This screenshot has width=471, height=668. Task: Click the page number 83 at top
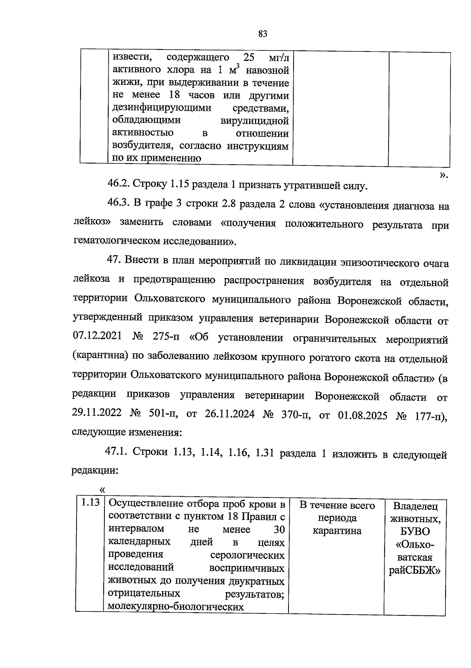(x=263, y=34)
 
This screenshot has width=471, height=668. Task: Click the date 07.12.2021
(x=97, y=337)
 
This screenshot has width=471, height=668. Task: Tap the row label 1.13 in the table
(x=90, y=503)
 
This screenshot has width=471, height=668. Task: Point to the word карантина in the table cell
(x=337, y=531)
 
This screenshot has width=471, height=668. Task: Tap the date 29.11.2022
(x=97, y=414)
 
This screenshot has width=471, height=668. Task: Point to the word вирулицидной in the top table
(x=255, y=121)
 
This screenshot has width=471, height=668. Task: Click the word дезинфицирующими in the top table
(x=162, y=108)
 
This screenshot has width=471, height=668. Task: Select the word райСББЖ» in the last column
(x=415, y=571)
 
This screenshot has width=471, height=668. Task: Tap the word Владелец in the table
(x=415, y=506)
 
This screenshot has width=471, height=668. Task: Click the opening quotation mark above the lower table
(x=102, y=490)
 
